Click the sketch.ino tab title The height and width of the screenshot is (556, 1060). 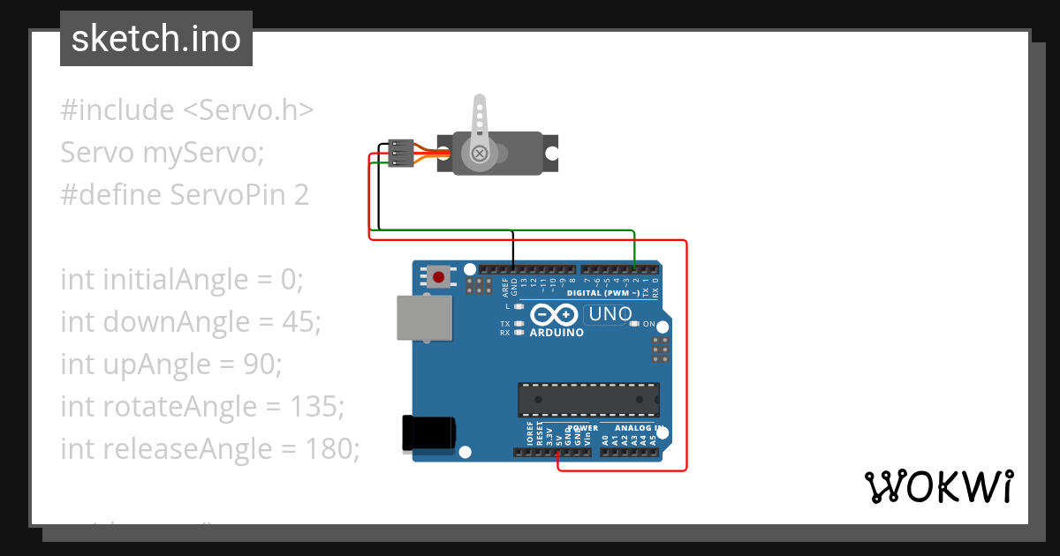click(x=156, y=39)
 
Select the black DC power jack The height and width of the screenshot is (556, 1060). click(x=428, y=432)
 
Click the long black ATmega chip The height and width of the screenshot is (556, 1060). click(x=588, y=399)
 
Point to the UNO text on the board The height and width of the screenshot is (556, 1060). click(x=610, y=314)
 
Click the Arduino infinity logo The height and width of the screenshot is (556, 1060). click(x=556, y=315)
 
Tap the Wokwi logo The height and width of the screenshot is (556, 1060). click(x=938, y=486)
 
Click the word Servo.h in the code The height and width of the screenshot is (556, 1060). click(x=247, y=110)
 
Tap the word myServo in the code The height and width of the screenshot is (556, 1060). click(x=203, y=153)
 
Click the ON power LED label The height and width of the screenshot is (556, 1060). click(x=649, y=325)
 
